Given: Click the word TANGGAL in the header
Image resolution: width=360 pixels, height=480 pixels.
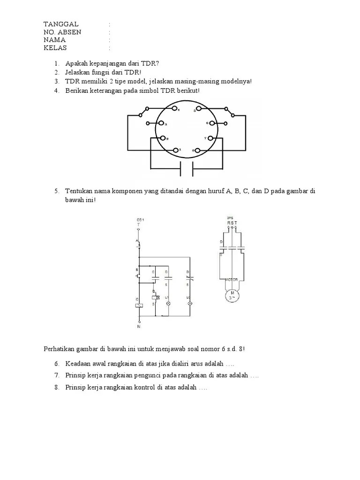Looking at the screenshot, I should pos(61,24).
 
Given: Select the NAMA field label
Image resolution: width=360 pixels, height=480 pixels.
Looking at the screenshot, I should pos(55,40).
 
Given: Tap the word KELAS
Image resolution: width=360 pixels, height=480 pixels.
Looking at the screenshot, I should pos(55,48).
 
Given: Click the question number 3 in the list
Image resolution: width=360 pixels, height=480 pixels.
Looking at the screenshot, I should pos(56,81).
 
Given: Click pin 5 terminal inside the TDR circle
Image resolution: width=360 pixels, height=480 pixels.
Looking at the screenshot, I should pos(199,109).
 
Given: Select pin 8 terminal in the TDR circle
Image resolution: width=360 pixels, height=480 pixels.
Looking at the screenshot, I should pos(197,150).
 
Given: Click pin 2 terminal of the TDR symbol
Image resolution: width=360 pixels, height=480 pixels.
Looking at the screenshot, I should pos(163,138).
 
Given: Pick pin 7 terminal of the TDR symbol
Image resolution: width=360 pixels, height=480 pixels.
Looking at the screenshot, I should pos(210,138).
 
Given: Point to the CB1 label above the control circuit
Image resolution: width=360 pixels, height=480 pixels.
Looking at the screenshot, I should pos(140,219).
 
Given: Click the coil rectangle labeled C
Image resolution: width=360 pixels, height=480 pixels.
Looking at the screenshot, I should pos(139,305).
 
